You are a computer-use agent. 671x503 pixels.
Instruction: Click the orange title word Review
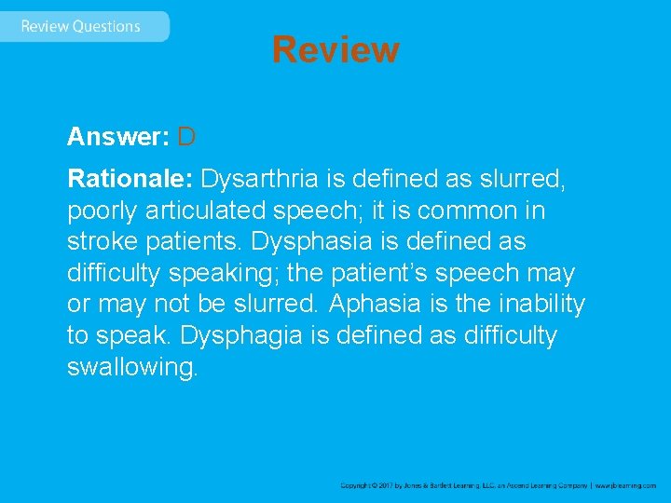(335, 49)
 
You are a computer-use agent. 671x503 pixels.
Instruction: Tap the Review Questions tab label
(80, 26)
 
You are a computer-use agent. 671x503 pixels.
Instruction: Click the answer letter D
(186, 138)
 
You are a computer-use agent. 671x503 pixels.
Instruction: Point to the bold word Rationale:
(130, 178)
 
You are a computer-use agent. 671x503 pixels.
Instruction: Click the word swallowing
(132, 368)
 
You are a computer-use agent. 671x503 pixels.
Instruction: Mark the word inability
(536, 305)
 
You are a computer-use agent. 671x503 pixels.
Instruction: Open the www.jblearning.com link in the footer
(626, 485)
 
